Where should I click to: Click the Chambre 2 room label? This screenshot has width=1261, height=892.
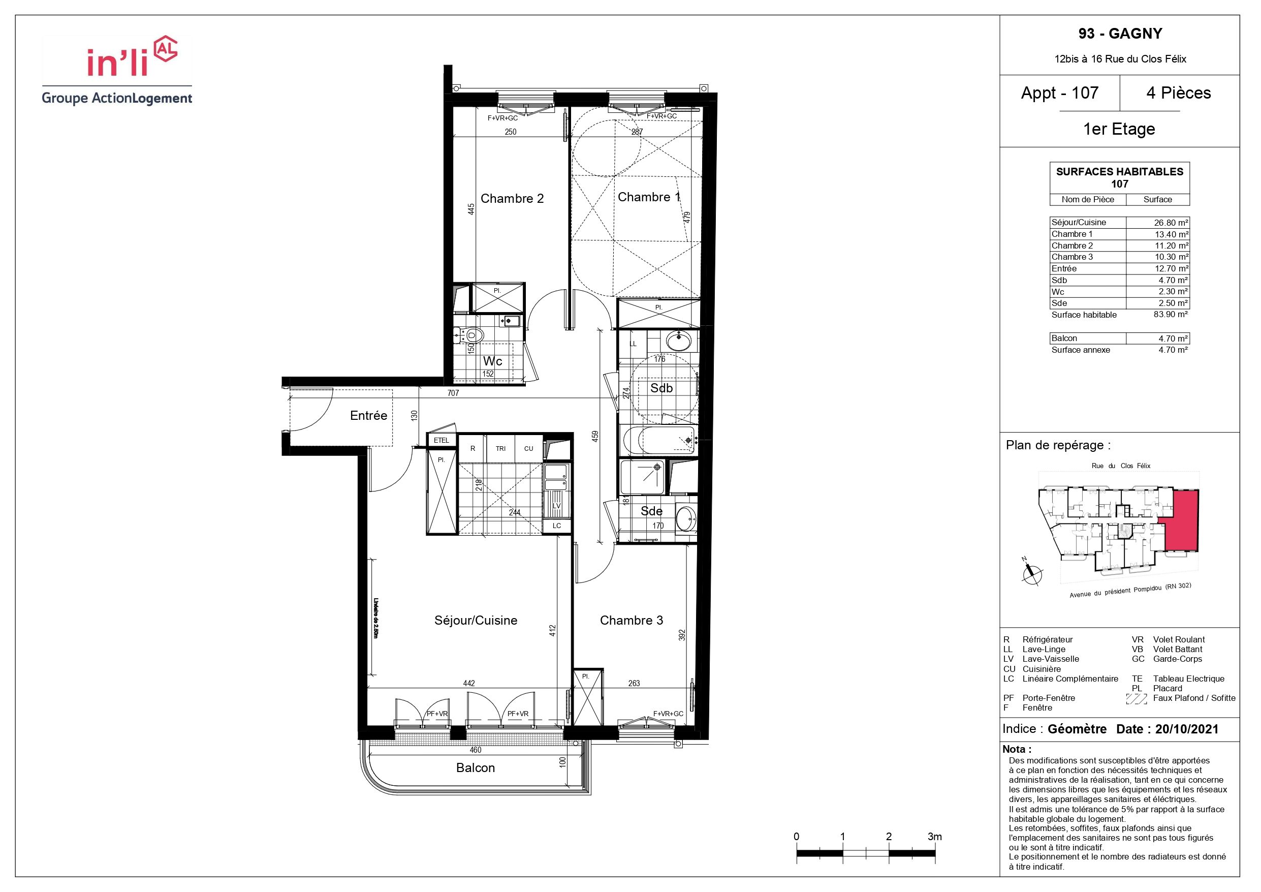(512, 198)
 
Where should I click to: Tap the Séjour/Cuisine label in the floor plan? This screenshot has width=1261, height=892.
(476, 621)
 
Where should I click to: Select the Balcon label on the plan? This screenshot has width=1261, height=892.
(476, 768)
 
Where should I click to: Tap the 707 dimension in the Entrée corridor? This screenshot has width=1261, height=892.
(453, 393)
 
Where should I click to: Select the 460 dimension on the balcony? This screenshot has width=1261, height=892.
(475, 750)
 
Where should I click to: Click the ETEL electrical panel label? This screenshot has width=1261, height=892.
(441, 440)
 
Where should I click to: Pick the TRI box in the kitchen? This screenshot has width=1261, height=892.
(500, 448)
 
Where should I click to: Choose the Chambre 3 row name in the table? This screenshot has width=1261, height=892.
(1072, 257)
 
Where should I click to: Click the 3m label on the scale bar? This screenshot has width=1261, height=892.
(934, 837)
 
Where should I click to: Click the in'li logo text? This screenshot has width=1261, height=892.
(117, 61)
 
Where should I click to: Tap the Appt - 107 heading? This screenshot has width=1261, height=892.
(1059, 93)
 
